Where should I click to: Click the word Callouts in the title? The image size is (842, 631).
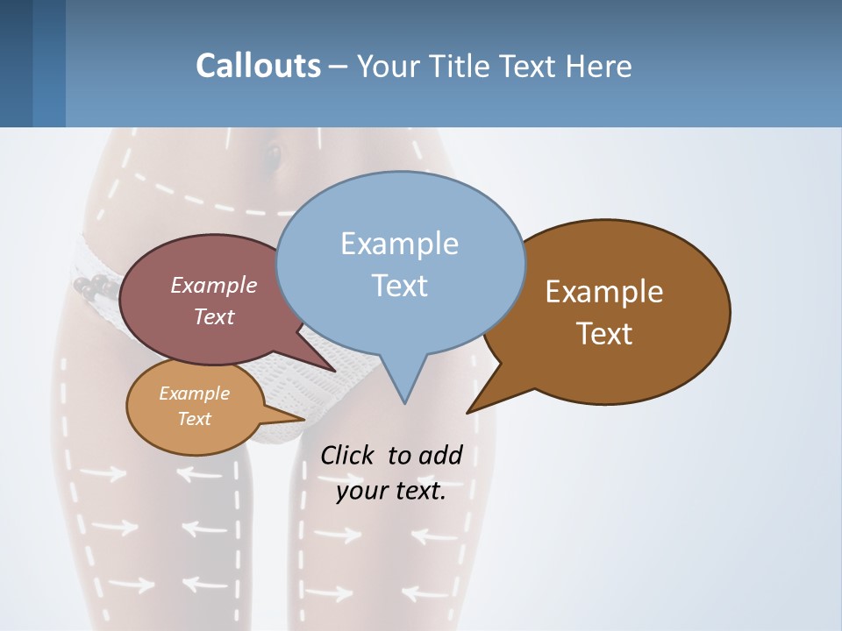pyautogui.click(x=258, y=67)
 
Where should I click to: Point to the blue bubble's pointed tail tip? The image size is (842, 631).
pyautogui.click(x=404, y=403)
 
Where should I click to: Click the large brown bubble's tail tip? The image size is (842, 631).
pyautogui.click(x=467, y=412)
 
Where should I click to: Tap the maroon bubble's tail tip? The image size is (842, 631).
pyautogui.click(x=334, y=372)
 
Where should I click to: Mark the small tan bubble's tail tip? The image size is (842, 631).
pyautogui.click(x=303, y=419)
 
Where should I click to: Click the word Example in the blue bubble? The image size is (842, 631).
pyautogui.click(x=399, y=244)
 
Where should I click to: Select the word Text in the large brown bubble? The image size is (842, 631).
pyautogui.click(x=604, y=334)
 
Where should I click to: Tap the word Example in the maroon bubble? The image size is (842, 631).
pyautogui.click(x=214, y=285)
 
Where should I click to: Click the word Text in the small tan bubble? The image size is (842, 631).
pyautogui.click(x=195, y=419)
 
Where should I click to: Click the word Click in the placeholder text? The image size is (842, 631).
pyautogui.click(x=346, y=456)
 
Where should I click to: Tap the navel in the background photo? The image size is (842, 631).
pyautogui.click(x=273, y=157)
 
